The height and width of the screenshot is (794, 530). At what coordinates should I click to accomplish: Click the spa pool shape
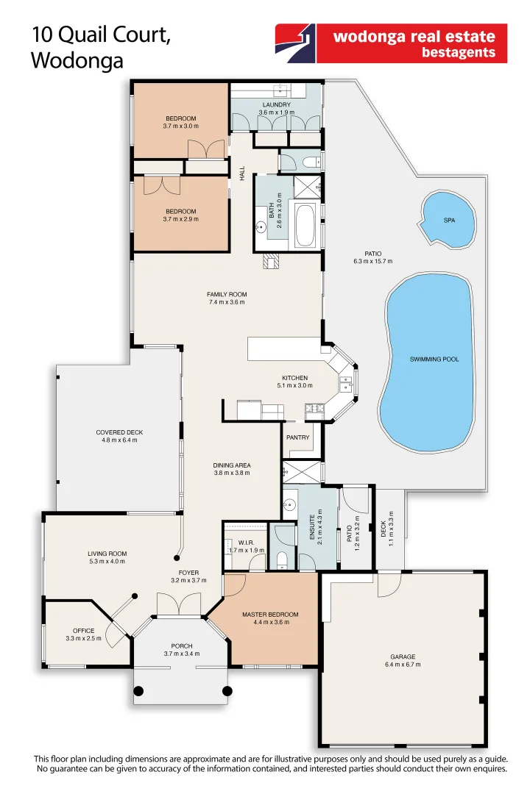click(446, 221)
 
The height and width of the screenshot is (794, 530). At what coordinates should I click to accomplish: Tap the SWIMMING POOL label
click(434, 360)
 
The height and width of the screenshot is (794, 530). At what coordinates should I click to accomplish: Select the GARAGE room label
click(403, 657)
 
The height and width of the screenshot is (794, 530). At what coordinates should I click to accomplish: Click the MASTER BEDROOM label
click(270, 614)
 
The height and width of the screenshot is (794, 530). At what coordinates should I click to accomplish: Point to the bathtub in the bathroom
click(305, 226)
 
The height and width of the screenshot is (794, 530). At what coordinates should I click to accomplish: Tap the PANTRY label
click(297, 437)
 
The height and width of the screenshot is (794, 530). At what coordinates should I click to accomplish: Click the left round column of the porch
click(140, 691)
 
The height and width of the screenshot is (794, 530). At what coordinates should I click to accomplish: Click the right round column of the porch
click(227, 691)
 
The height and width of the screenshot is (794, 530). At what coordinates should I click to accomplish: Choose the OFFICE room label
click(83, 631)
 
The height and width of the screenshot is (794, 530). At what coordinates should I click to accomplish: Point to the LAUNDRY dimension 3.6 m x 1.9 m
click(276, 112)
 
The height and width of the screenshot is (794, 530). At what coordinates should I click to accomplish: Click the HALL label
click(241, 174)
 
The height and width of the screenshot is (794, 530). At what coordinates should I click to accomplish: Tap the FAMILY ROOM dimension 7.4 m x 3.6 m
click(226, 302)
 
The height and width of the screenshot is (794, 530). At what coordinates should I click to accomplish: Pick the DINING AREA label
click(232, 465)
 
